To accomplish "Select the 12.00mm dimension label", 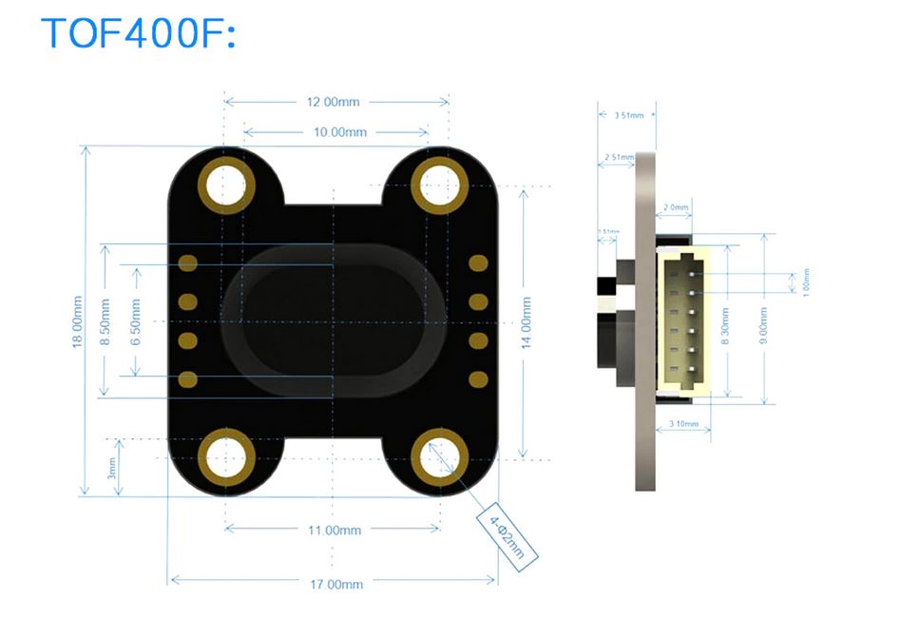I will pyautogui.click(x=335, y=102).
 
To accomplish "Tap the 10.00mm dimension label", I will pyautogui.click(x=339, y=132).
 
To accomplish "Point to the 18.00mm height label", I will pyautogui.click(x=78, y=321).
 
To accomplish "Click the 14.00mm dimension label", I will pyautogui.click(x=526, y=321).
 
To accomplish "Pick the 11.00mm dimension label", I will pyautogui.click(x=335, y=530).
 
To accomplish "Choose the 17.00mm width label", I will pyautogui.click(x=336, y=583).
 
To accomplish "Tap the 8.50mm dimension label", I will pyautogui.click(x=105, y=321).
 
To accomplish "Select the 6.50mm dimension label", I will pyautogui.click(x=136, y=321).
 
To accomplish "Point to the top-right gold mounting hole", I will pyautogui.click(x=441, y=183).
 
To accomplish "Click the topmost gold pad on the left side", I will pyautogui.click(x=188, y=261).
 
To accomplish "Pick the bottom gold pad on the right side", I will pyautogui.click(x=478, y=379).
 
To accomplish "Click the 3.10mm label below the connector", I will pyautogui.click(x=684, y=423).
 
